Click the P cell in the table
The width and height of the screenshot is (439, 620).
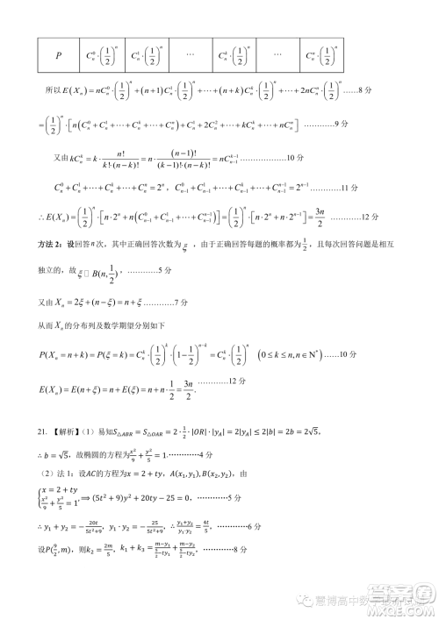coord(59,54)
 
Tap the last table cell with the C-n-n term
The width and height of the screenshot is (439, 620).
coord(322,54)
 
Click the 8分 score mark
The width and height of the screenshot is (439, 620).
coord(375,89)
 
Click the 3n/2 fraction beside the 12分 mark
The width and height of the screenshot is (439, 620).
coord(321,216)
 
